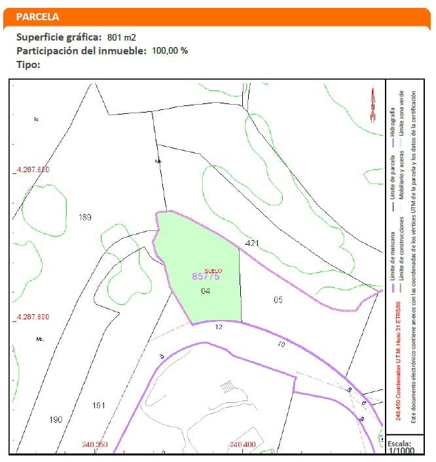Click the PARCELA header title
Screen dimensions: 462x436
point(37,16)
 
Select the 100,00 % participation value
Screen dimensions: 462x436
point(170,50)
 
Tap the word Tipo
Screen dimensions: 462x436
point(28,64)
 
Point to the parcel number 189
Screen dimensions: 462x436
point(84,217)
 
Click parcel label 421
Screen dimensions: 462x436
point(252,243)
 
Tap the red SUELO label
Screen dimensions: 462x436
point(213,270)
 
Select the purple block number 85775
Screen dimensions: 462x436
point(206,277)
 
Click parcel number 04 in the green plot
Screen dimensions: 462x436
point(206,291)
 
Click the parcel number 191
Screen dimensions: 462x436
point(99,406)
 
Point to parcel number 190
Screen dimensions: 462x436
point(56,419)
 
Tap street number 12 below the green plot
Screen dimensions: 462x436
point(219,327)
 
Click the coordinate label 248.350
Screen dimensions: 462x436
point(95,445)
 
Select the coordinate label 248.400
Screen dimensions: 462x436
point(242,445)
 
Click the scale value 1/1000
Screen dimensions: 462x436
point(400,451)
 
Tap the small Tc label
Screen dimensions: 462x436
point(37,119)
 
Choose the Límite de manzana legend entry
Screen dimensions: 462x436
point(392,255)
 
